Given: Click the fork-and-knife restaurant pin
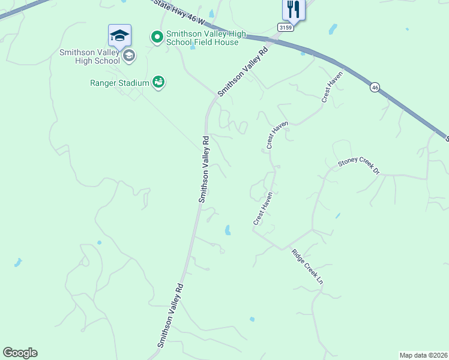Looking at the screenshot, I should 294,9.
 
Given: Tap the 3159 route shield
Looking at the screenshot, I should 285,28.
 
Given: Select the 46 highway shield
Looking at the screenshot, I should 375,87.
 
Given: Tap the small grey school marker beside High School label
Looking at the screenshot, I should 128,56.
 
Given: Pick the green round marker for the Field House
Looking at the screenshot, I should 157,37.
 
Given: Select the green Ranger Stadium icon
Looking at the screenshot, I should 158,82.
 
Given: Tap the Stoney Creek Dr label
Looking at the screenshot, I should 359,166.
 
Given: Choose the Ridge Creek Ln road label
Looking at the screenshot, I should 307,266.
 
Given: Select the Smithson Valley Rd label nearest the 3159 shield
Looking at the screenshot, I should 242,71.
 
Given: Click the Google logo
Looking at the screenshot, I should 20,353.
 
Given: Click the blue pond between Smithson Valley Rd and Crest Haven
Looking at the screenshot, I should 228,230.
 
